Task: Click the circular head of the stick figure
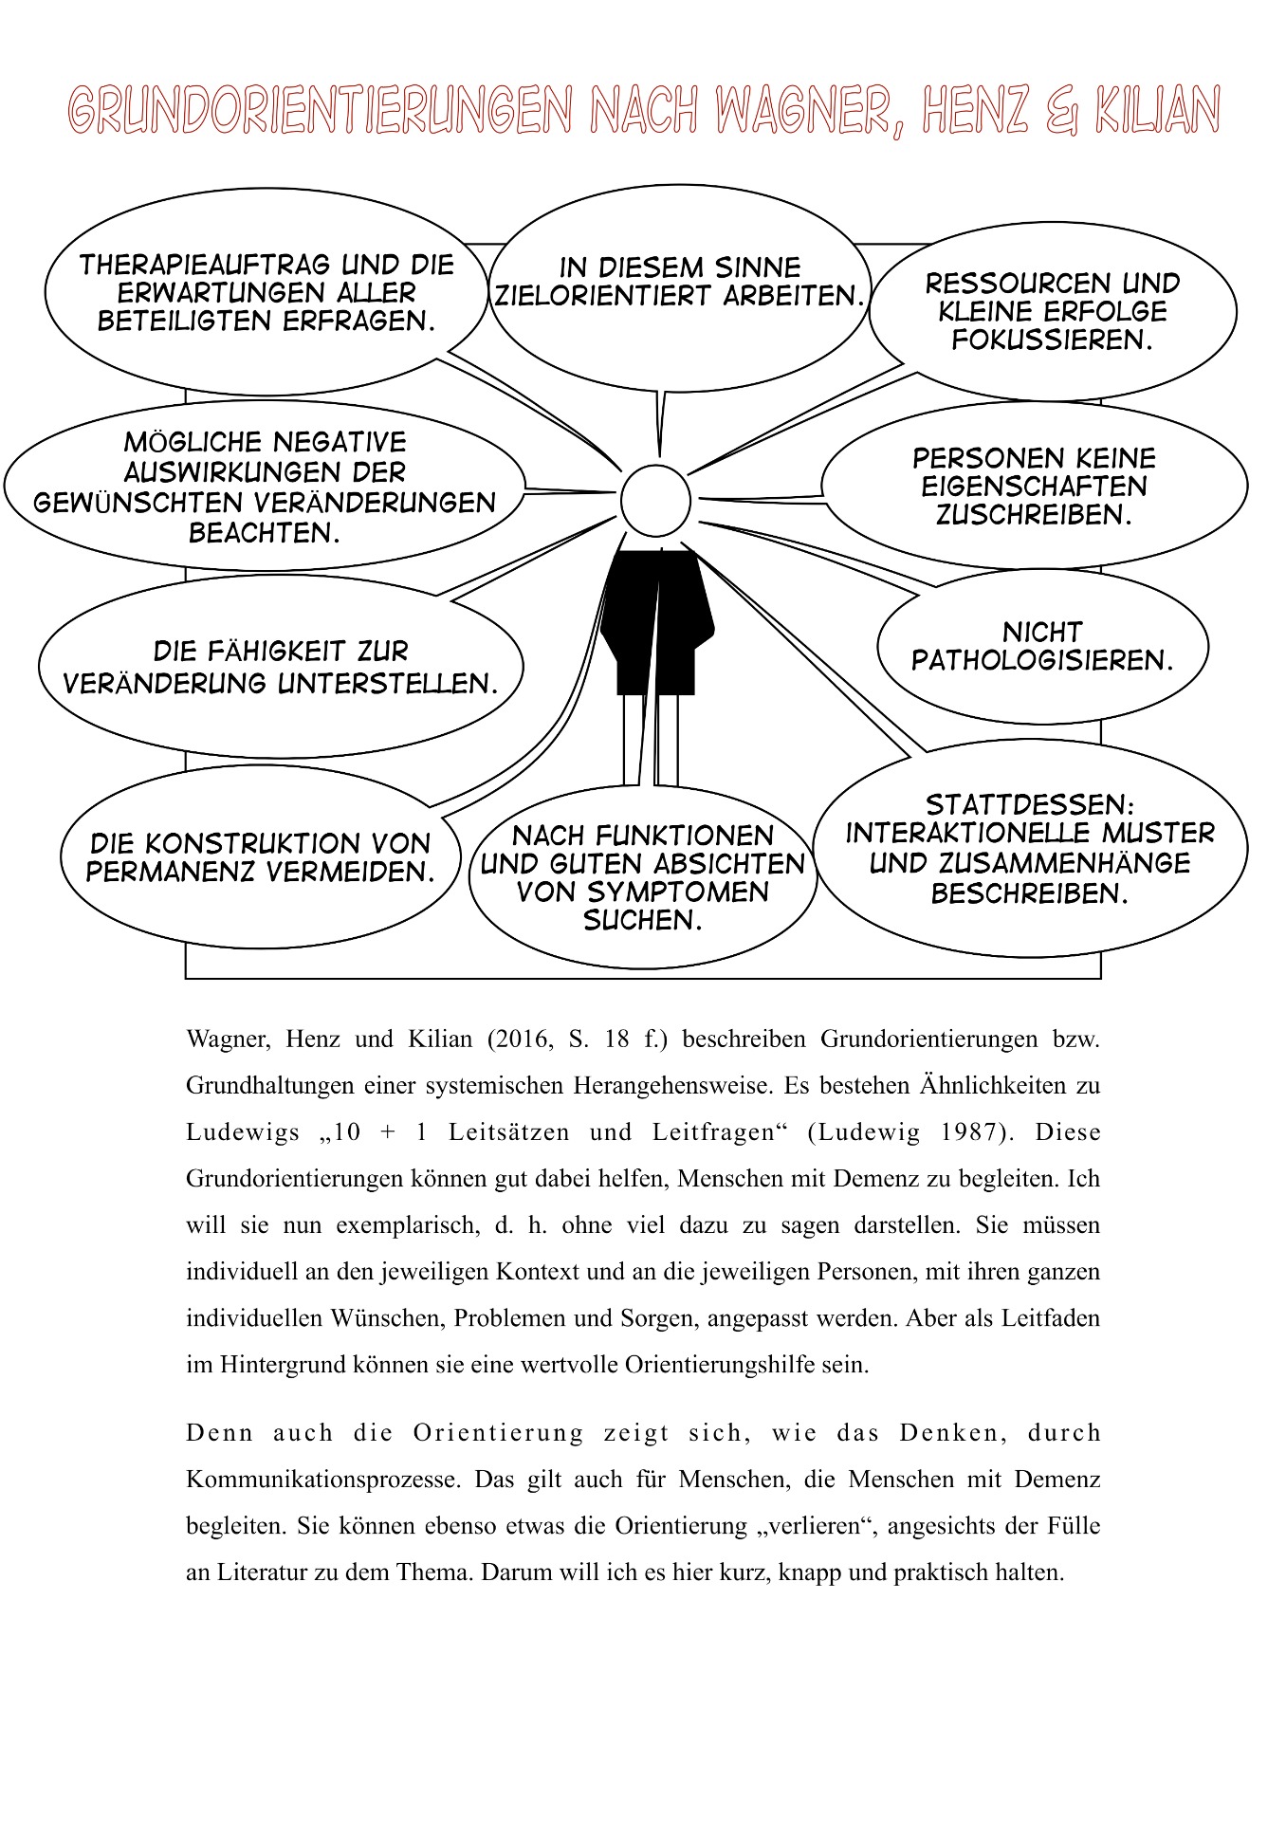click(x=655, y=500)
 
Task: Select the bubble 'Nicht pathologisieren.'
click(x=1042, y=647)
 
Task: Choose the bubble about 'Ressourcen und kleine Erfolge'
click(x=1053, y=311)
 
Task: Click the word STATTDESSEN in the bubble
click(x=1029, y=805)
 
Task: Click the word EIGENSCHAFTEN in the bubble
click(x=1034, y=487)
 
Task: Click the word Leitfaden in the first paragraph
click(x=1050, y=1317)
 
